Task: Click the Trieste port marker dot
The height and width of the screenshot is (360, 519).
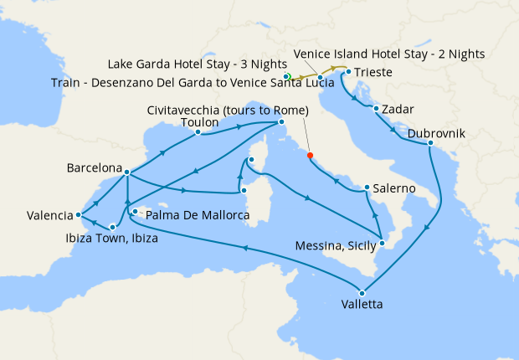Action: pyautogui.click(x=347, y=73)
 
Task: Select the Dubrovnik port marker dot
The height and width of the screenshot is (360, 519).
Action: pyautogui.click(x=430, y=144)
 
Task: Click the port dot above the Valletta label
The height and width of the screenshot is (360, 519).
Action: pyautogui.click(x=362, y=292)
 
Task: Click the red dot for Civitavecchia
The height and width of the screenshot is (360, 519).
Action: pyautogui.click(x=310, y=155)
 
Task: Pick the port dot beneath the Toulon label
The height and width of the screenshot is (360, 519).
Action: pyautogui.click(x=198, y=132)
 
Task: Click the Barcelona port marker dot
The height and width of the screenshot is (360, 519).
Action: pyautogui.click(x=126, y=172)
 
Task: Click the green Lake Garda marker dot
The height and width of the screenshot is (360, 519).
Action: pyautogui.click(x=287, y=76)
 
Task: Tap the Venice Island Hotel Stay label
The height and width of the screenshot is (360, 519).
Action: pyautogui.click(x=389, y=54)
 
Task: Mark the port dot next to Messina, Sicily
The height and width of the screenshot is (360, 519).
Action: pyautogui.click(x=381, y=243)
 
